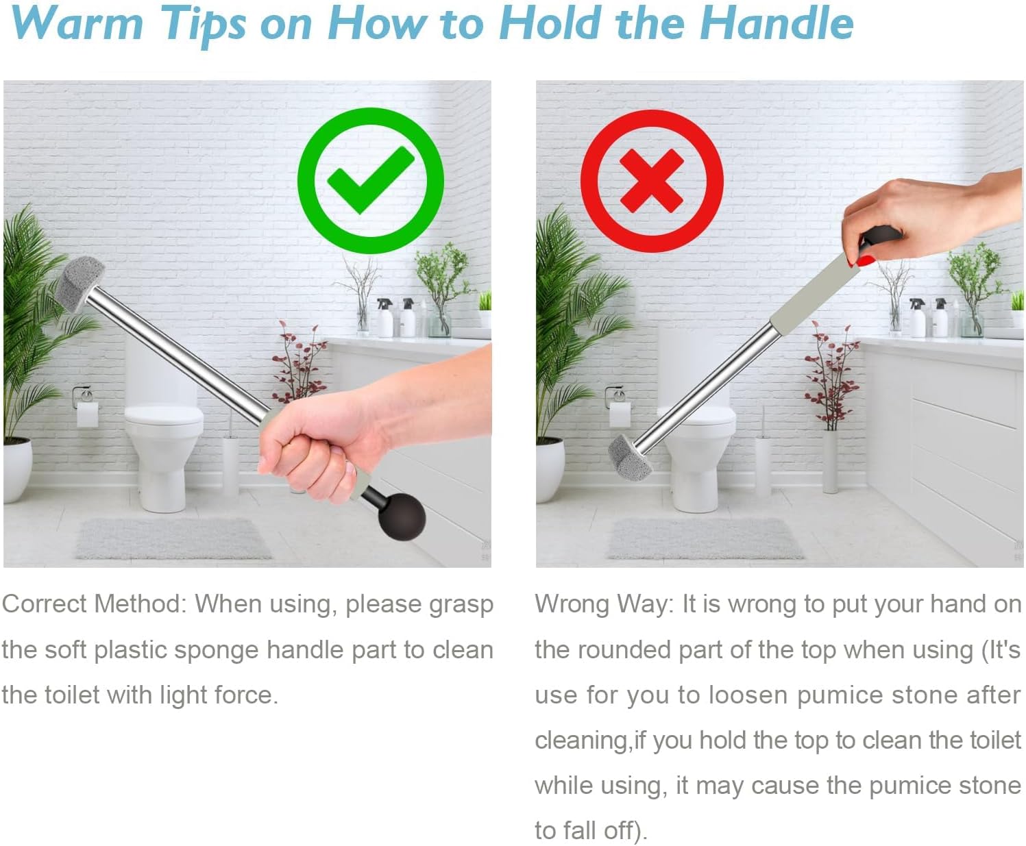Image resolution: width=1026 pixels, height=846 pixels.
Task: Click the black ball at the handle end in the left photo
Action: [x=402, y=517]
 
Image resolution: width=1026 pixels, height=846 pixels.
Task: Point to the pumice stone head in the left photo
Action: [x=79, y=284]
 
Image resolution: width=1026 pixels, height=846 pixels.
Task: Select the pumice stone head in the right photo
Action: [x=631, y=458]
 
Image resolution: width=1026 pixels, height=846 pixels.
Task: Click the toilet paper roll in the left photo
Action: [x=87, y=414]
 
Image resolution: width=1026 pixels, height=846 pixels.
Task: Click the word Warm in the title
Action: [x=77, y=23]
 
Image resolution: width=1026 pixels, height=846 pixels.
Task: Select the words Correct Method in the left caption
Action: [x=95, y=604]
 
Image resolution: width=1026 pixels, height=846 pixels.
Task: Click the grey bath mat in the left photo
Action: [x=173, y=538]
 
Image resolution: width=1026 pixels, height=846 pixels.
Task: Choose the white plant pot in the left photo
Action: [x=18, y=469]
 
